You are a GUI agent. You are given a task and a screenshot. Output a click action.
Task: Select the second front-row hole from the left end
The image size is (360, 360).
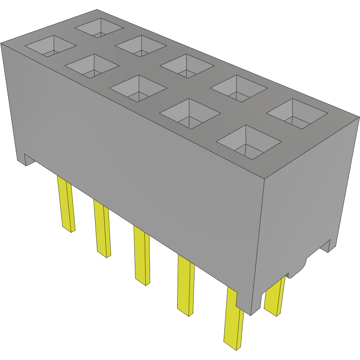pos(92,66)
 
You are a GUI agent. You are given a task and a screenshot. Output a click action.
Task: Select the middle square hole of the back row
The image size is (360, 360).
pos(187,66)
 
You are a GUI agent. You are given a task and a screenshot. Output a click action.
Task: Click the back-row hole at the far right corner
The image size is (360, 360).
pos(297,114)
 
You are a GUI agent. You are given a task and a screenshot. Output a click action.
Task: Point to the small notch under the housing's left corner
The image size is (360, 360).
pos(26,159)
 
